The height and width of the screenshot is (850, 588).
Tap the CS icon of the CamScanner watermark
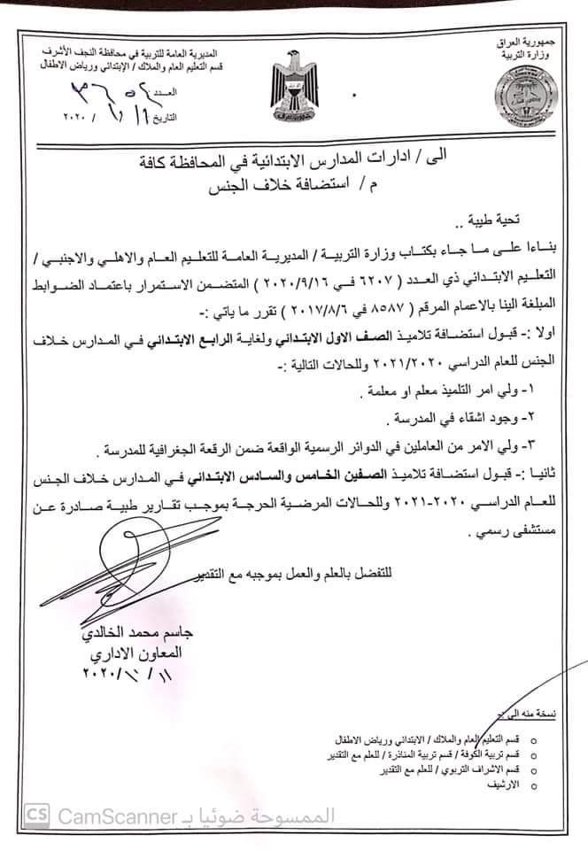[37, 814]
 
